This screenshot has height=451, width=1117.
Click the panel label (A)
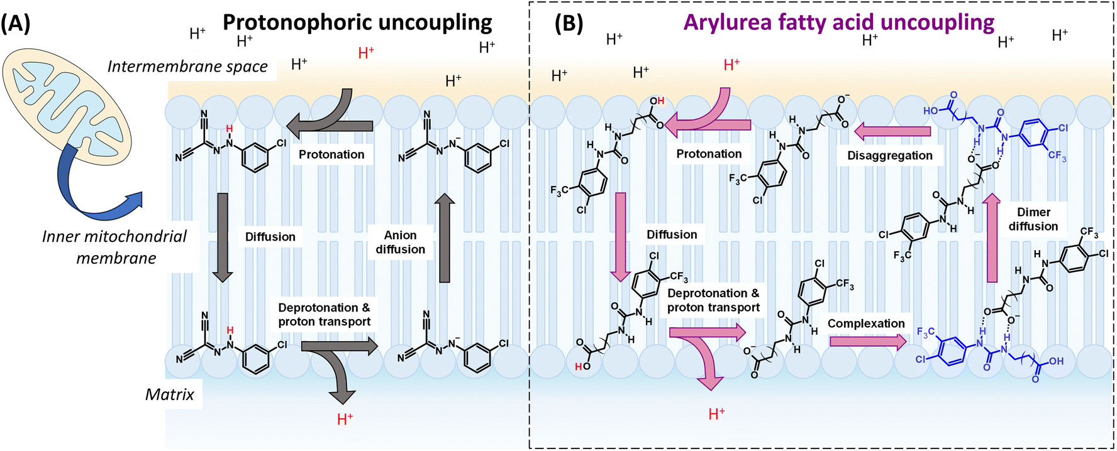pos(15,24)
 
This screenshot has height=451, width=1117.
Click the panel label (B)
pos(568,24)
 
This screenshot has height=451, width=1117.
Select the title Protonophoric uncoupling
pos(357,23)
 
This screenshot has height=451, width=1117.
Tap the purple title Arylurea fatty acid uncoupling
pos(838,23)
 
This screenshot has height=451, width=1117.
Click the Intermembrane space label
pos(187,67)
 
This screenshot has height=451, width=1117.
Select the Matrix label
pos(169,394)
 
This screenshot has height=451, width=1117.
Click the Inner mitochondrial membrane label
pos(114,247)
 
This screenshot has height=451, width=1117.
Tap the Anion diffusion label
pos(400,242)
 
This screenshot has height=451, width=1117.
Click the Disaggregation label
pos(889,155)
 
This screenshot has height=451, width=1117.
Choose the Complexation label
pos(865,323)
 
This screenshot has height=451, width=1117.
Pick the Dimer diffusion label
pos(1033,219)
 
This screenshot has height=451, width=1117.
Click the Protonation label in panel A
pos(331,155)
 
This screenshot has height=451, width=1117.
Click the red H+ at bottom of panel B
pos(716,414)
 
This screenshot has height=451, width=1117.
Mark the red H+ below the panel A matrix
pos(345,419)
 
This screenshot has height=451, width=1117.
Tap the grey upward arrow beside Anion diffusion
pos(445,239)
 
